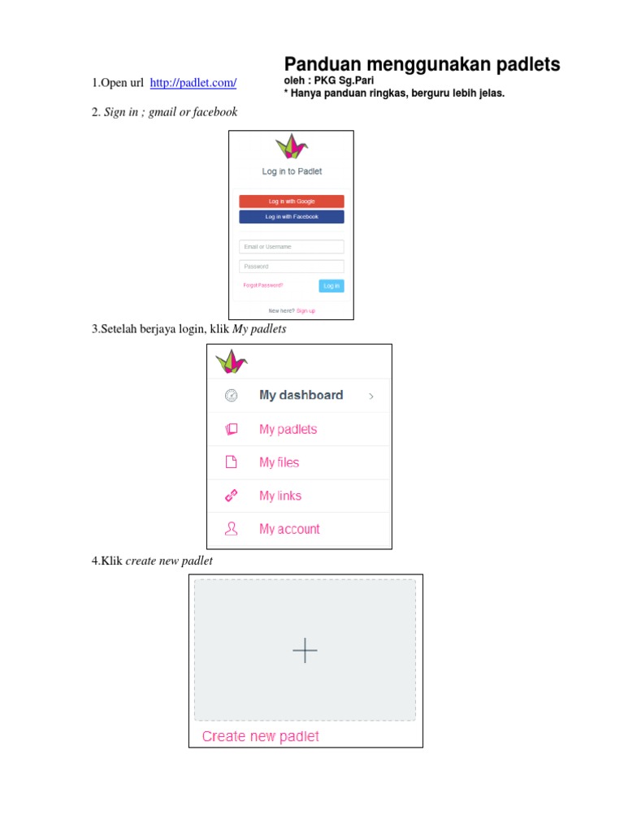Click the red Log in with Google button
[291, 201]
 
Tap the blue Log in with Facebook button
[291, 217]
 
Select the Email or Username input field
[291, 246]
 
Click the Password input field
[291, 266]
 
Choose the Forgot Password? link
[263, 285]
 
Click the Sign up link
[305, 310]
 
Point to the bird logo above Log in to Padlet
[291, 147]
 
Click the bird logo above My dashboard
[231, 361]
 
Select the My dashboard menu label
[301, 395]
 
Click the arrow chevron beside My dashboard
[371, 396]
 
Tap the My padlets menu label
[288, 429]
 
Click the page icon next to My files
[231, 462]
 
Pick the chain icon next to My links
[231, 496]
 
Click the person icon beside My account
[231, 529]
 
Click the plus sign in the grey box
[305, 650]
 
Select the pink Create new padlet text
[260, 736]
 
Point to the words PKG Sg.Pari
[344, 80]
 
